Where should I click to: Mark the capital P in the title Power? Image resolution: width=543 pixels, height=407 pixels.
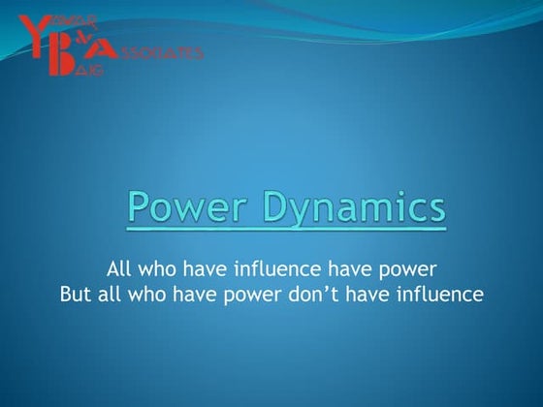point(140,207)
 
